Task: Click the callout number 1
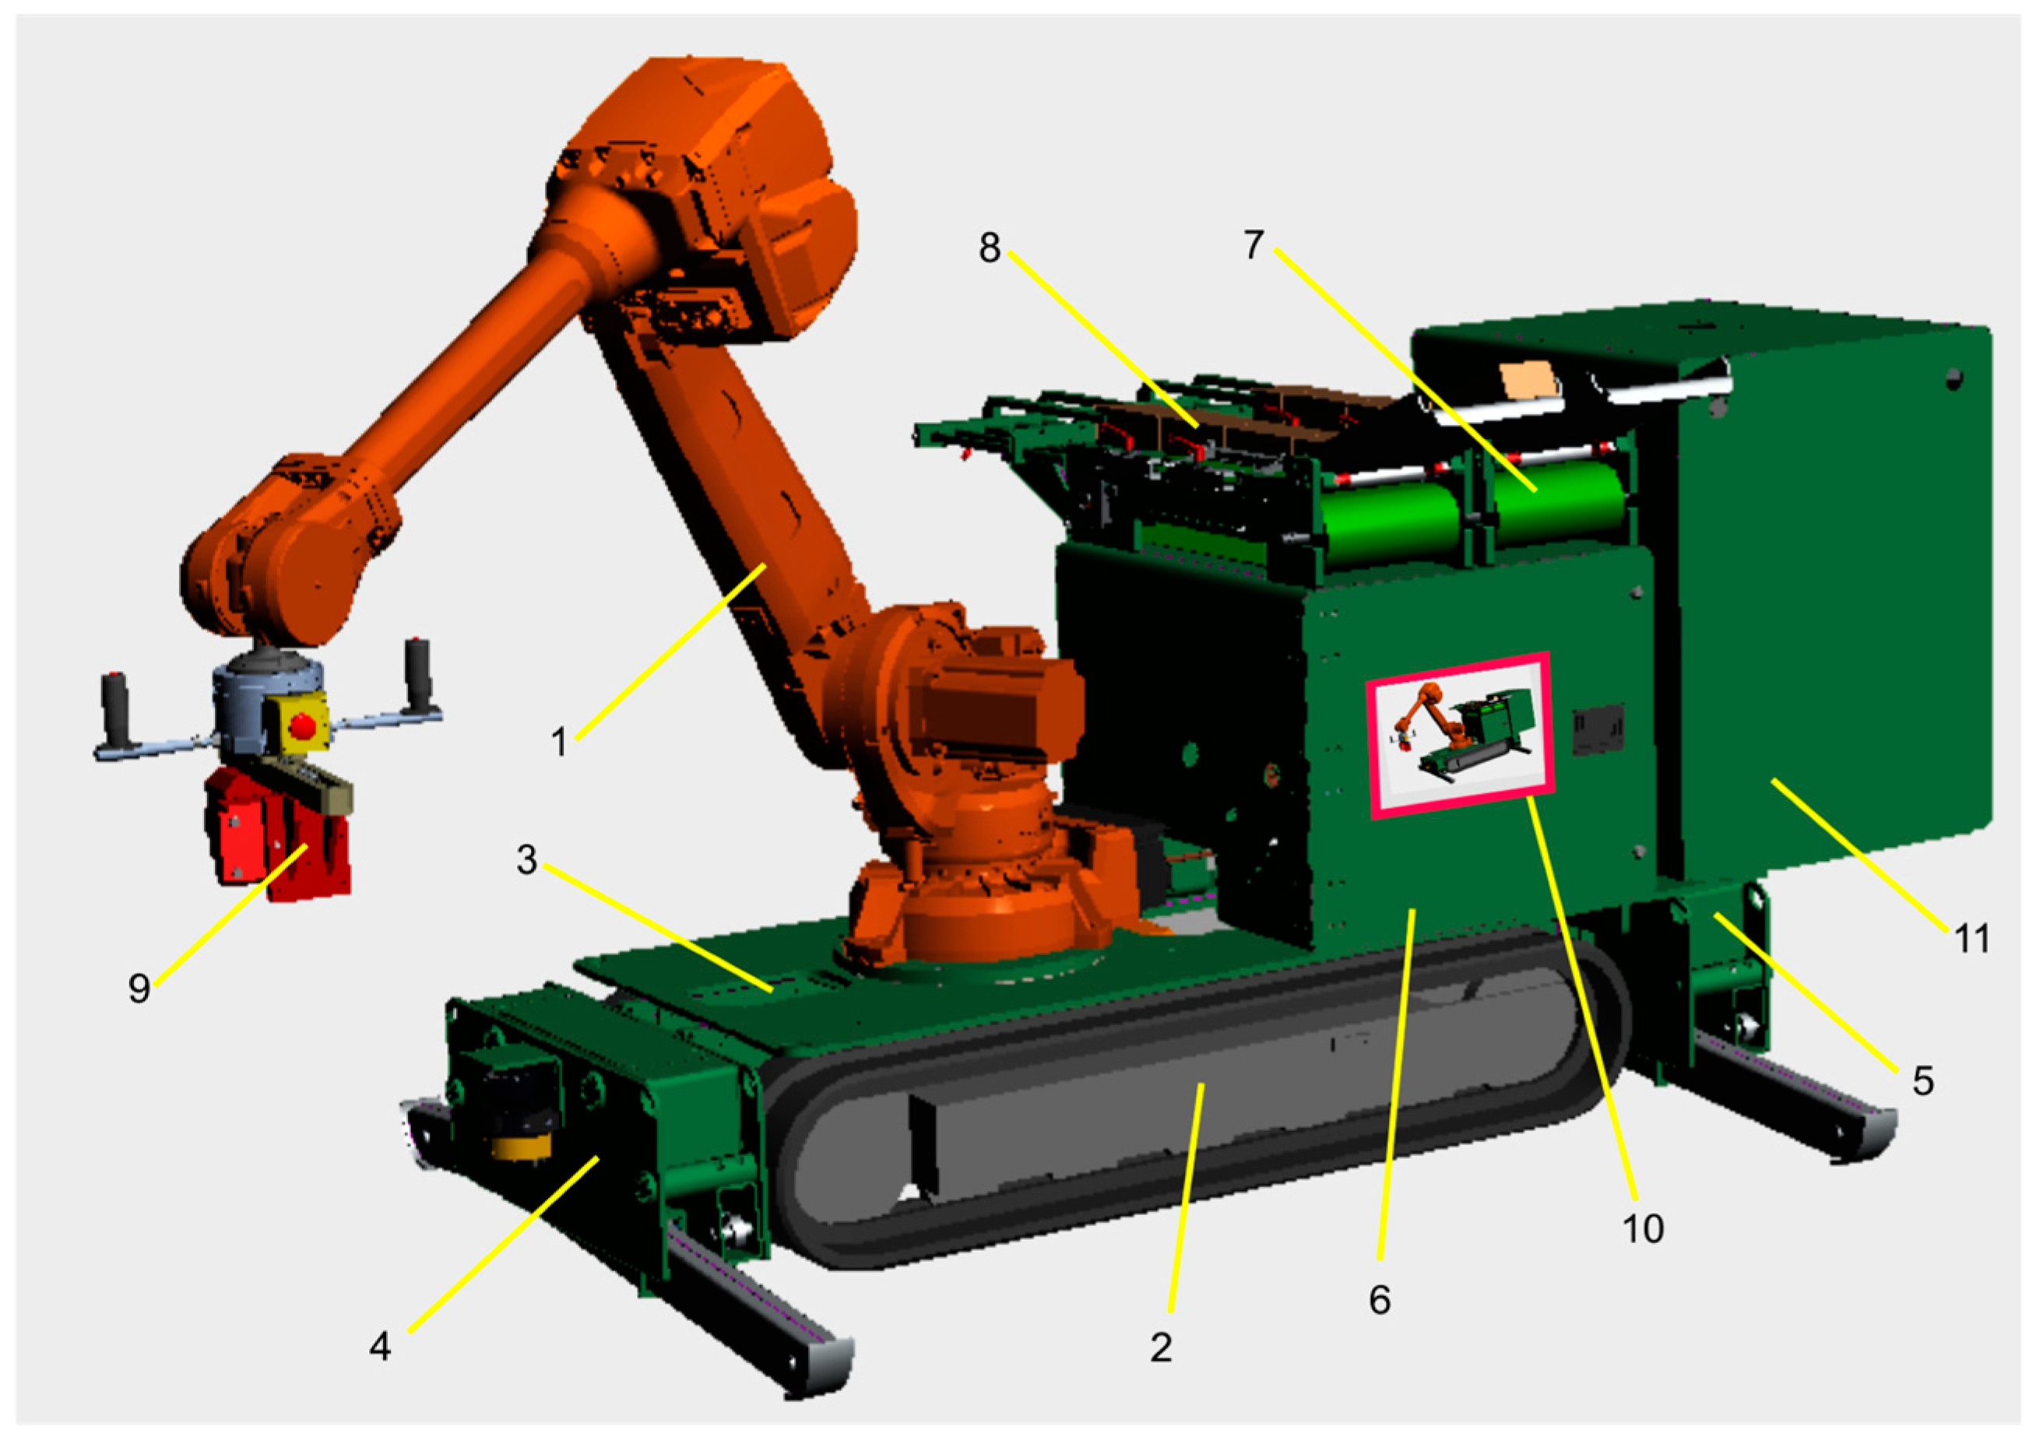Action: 559,742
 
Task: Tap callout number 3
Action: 527,859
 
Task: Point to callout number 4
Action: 380,1347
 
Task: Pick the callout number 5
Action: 1923,1081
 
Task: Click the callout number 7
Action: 1254,244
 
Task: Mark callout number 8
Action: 990,248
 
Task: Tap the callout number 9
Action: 139,989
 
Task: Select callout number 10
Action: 1643,1228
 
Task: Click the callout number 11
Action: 1972,939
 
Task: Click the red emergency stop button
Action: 304,726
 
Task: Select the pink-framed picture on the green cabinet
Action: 1460,735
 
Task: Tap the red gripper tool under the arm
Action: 278,834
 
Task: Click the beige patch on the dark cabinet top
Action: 1531,381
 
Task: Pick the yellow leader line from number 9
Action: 231,915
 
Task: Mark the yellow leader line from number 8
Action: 1103,339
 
